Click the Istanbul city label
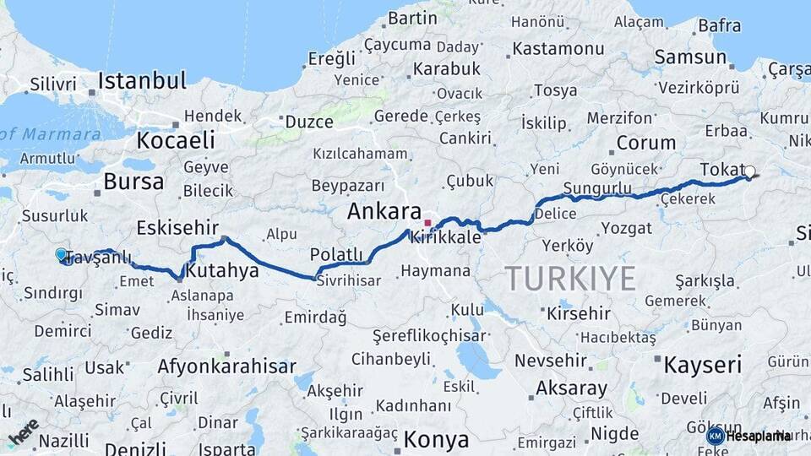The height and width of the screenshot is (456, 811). (x=142, y=81)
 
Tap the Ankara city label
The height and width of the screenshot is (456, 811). (x=384, y=211)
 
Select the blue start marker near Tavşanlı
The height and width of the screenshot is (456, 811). (x=61, y=254)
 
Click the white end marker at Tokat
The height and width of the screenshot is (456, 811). (x=749, y=171)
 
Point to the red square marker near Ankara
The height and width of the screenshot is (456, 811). (x=427, y=224)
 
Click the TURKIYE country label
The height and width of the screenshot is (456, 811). (x=570, y=278)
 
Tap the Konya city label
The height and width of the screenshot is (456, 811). (x=436, y=440)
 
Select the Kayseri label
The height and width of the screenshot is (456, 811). (x=702, y=365)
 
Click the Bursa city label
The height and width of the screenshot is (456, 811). (x=133, y=182)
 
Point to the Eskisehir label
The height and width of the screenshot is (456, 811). (x=178, y=228)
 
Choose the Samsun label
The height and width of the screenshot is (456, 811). (x=690, y=57)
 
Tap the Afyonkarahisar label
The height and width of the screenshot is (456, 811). (x=226, y=366)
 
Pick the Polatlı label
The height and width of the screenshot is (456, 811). (x=336, y=254)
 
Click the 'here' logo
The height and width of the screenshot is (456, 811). (x=24, y=432)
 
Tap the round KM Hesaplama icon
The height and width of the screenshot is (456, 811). (x=716, y=436)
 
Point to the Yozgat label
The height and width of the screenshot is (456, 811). (x=626, y=228)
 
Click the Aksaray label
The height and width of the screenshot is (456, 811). (x=571, y=388)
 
